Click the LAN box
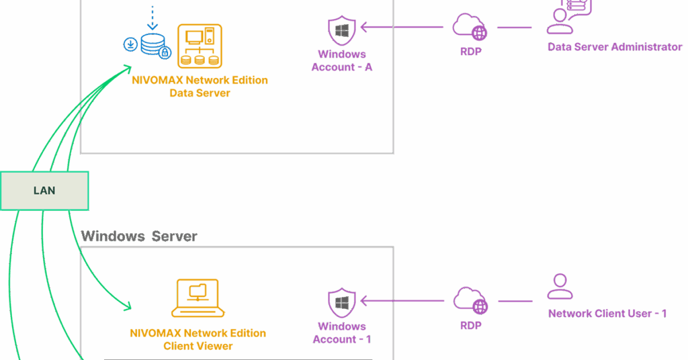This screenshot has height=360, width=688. [x=44, y=191]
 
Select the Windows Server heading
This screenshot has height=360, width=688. [x=139, y=236]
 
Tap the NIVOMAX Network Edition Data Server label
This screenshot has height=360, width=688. [x=200, y=87]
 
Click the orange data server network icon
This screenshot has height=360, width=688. [x=200, y=46]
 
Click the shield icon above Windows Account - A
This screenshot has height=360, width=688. [x=342, y=31]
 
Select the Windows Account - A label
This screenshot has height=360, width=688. [x=342, y=60]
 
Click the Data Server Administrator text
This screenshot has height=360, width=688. [x=615, y=47]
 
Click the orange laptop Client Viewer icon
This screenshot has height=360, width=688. [x=197, y=298]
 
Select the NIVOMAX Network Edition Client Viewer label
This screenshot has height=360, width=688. [x=198, y=339]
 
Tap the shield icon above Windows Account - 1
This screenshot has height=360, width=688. [x=342, y=303]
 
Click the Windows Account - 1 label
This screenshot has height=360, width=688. [x=342, y=332]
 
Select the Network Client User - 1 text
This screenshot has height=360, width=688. [x=607, y=314]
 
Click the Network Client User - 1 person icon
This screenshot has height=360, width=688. [x=560, y=286]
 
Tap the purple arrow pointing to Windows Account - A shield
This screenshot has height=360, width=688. [x=402, y=28]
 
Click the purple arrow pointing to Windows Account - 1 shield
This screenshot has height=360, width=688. [x=402, y=300]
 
